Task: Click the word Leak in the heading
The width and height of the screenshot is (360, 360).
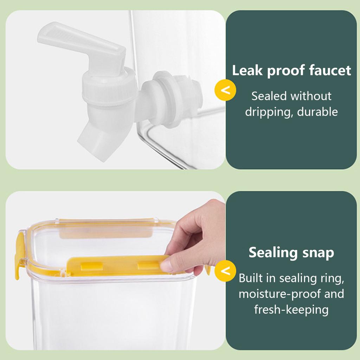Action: (x=247, y=70)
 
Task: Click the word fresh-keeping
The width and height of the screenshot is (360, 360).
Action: (x=291, y=310)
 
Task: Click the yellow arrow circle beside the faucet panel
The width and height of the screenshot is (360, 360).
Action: (x=225, y=90)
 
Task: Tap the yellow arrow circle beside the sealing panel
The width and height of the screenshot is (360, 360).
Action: (x=225, y=271)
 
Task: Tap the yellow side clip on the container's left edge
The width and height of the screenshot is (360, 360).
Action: (x=19, y=255)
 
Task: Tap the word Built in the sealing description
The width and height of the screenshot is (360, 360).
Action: (x=251, y=278)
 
